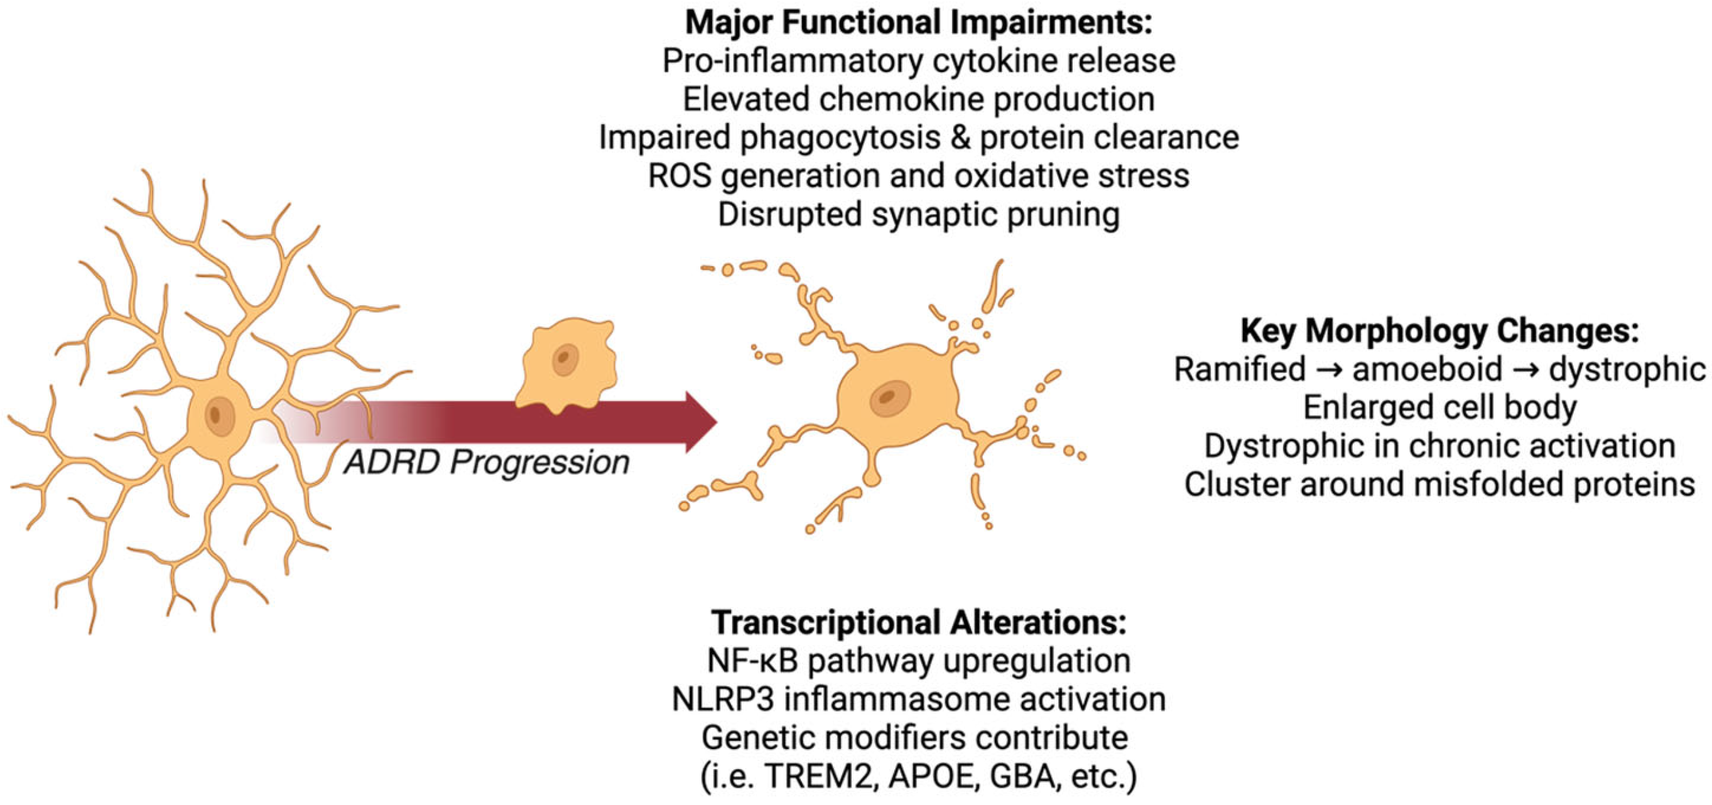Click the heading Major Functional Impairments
coord(918,23)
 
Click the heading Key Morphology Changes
coord(1439,331)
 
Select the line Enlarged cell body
coord(1439,408)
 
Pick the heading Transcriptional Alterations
coord(918,623)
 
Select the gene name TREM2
coord(818,776)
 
